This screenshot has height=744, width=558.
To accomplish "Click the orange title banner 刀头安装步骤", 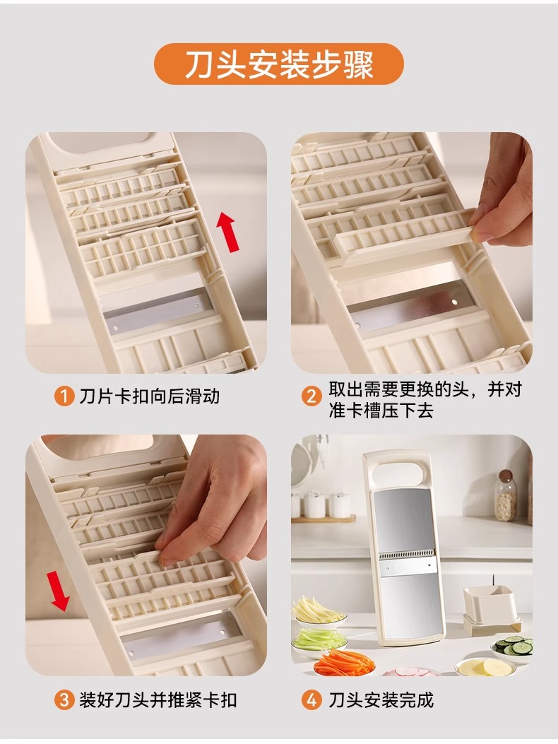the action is [279, 64].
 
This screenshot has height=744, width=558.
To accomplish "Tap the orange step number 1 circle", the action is [64, 396].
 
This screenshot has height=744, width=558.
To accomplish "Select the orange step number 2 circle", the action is [311, 396].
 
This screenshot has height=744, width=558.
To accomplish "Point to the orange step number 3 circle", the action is [64, 700].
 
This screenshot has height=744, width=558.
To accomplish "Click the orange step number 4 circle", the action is [311, 700].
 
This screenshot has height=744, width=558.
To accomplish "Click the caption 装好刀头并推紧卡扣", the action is [158, 700].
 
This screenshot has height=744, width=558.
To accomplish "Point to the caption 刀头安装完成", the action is [381, 700].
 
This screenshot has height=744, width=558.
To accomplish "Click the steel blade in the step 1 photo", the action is [157, 312].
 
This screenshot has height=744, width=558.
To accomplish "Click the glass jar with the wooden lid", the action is [506, 496].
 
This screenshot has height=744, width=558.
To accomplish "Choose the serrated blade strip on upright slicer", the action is [407, 555].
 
